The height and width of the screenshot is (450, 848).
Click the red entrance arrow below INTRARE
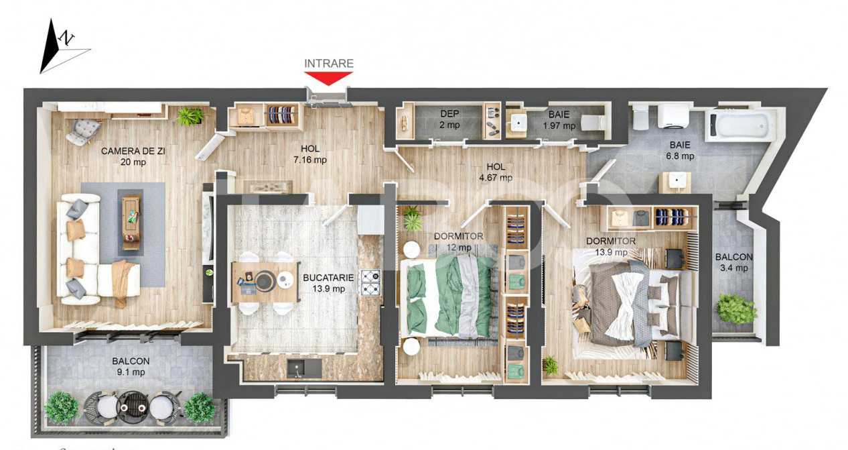[x=329, y=78]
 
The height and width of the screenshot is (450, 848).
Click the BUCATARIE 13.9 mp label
[x=324, y=282]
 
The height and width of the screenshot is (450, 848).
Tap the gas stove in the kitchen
[x=370, y=282]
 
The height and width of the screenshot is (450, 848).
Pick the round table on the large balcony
[x=131, y=404]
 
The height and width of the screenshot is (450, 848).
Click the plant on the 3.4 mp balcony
[x=736, y=308]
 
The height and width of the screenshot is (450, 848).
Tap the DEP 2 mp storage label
[x=449, y=119]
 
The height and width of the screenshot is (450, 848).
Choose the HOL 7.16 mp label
[x=310, y=154]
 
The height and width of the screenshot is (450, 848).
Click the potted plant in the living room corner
[x=190, y=117]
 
